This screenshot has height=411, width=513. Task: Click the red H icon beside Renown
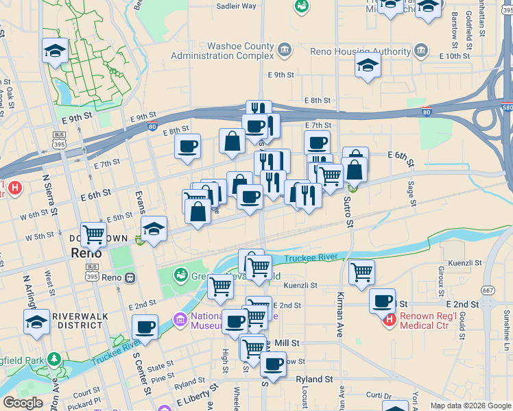[x=390, y=319]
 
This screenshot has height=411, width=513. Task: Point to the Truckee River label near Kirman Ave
[x=312, y=258]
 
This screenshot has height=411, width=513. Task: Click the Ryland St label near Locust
[x=314, y=379]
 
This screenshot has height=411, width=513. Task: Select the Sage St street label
[x=411, y=192]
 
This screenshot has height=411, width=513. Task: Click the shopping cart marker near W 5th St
[x=93, y=234]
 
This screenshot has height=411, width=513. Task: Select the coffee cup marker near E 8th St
[x=187, y=146]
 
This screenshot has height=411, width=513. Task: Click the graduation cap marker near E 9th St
[x=368, y=66]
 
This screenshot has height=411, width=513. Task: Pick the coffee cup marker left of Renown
[x=381, y=300]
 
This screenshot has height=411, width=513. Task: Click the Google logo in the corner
[x=23, y=403]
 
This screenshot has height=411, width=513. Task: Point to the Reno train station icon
[x=130, y=278]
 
